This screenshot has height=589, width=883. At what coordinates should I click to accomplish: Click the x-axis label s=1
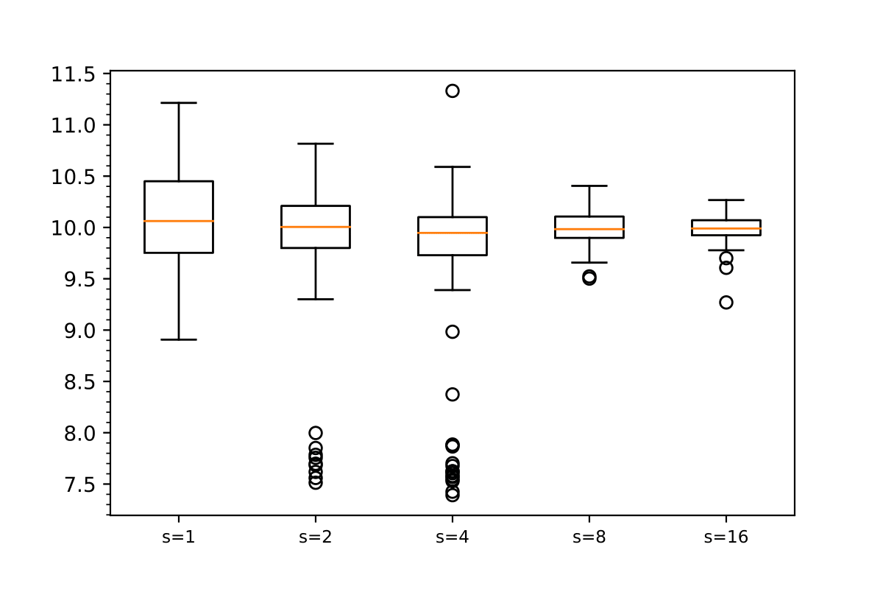[178, 537]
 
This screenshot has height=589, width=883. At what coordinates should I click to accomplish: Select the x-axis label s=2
[315, 537]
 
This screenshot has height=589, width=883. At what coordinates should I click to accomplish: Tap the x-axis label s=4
[452, 537]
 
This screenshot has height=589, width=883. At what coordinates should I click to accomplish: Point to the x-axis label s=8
[589, 537]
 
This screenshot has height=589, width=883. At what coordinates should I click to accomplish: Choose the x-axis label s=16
[726, 537]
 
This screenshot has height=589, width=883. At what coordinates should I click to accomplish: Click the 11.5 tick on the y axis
[74, 74]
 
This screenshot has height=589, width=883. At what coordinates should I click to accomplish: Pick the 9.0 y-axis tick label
[79, 331]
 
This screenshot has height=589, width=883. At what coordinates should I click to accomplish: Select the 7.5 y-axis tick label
[79, 484]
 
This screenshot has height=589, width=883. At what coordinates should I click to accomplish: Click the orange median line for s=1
[179, 221]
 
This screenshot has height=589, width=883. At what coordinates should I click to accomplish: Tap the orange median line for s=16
[726, 228]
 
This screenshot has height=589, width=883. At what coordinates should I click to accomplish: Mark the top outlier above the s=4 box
[453, 91]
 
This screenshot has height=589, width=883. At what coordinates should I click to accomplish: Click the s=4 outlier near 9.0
[453, 332]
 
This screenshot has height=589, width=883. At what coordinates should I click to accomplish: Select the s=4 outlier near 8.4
[453, 395]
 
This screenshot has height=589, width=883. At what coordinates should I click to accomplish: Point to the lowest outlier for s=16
[726, 303]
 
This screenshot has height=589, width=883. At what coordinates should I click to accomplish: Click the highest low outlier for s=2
[316, 433]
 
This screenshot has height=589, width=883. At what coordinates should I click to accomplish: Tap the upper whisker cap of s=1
[179, 103]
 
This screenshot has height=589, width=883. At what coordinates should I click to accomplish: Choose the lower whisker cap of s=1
[179, 339]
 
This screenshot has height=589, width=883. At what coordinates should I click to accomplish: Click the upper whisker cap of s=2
[316, 144]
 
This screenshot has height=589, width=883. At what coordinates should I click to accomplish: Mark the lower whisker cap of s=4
[453, 290]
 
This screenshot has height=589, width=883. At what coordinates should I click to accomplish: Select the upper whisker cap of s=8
[589, 186]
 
